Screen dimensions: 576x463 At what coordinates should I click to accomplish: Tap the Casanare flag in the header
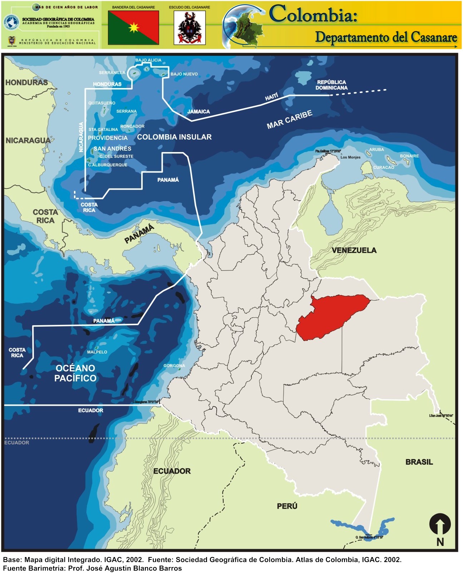coord(133,28)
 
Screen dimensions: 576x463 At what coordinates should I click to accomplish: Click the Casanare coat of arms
coord(189,28)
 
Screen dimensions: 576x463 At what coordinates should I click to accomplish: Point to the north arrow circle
coord(440,524)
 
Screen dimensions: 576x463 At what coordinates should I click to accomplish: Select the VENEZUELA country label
coord(354,250)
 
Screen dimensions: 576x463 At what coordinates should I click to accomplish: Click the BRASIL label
coord(419,462)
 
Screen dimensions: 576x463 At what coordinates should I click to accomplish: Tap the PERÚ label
coord(287,506)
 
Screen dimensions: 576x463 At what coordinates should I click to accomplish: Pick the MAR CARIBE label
coord(289,119)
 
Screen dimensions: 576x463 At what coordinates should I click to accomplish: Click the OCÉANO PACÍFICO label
coord(75,373)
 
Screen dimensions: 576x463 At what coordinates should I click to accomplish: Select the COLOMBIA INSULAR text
coord(174,137)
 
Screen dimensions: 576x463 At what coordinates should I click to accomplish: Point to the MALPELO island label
coord(97,352)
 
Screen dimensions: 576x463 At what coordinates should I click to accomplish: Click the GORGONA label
coord(174,366)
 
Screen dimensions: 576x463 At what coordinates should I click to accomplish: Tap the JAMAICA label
coord(198,112)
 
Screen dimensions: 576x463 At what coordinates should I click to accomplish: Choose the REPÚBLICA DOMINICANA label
coord(331,85)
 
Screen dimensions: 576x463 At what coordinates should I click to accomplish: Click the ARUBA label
coord(376,150)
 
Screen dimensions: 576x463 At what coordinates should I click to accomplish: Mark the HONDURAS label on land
coord(26,83)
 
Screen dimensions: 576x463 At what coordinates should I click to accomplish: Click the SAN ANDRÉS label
coord(112,148)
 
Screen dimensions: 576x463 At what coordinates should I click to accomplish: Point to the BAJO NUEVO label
coord(184,74)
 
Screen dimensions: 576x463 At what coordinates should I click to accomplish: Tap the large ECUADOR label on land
coord(172,471)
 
